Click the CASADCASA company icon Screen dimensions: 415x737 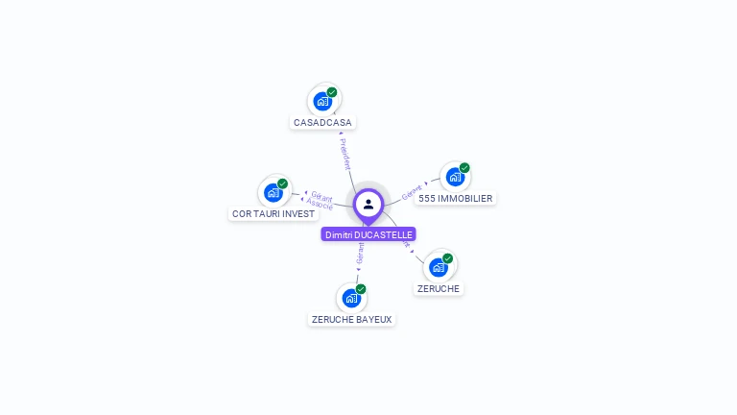pyautogui.click(x=322, y=101)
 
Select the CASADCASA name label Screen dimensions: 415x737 pyautogui.click(x=322, y=123)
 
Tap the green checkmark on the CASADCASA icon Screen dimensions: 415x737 pyautogui.click(x=332, y=92)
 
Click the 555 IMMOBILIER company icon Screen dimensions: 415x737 pyautogui.click(x=455, y=177)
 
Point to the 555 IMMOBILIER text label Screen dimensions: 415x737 pyautogui.click(x=456, y=199)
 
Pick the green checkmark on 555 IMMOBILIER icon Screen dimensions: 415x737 pyautogui.click(x=464, y=168)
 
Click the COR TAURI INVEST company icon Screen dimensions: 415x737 pyautogui.click(x=273, y=192)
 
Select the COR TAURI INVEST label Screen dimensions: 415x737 pyautogui.click(x=273, y=213)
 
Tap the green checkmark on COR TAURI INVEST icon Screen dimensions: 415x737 pyautogui.click(x=283, y=183)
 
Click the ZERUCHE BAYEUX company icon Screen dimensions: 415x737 pyautogui.click(x=351, y=298)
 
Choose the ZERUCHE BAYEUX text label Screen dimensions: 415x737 pyautogui.click(x=352, y=319)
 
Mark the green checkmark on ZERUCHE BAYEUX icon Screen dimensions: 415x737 pyautogui.click(x=361, y=289)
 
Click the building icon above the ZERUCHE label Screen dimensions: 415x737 pyautogui.click(x=439, y=266)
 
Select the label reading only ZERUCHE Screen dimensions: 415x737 pyautogui.click(x=439, y=288)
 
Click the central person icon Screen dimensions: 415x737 pyautogui.click(x=368, y=204)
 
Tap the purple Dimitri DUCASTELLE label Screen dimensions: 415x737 pyautogui.click(x=368, y=234)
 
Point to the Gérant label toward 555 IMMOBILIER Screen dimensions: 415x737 pyautogui.click(x=413, y=190)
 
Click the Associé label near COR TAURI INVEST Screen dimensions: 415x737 pyautogui.click(x=320, y=205)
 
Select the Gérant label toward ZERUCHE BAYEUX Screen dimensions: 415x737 pyautogui.click(x=360, y=252)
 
